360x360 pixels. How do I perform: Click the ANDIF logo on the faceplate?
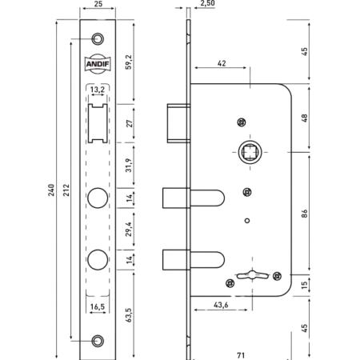click(98, 64)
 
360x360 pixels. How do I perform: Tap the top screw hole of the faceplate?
click(98, 38)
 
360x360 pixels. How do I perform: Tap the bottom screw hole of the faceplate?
click(98, 341)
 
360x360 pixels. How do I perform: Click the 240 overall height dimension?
click(51, 190)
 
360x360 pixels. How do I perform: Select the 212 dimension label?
click(66, 190)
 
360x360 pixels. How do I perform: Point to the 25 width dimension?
click(98, 4)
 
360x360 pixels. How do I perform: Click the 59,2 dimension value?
click(129, 62)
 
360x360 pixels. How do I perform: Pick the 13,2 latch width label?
click(98, 90)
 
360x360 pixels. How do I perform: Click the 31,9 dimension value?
click(129, 166)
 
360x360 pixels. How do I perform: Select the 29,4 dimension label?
click(129, 229)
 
